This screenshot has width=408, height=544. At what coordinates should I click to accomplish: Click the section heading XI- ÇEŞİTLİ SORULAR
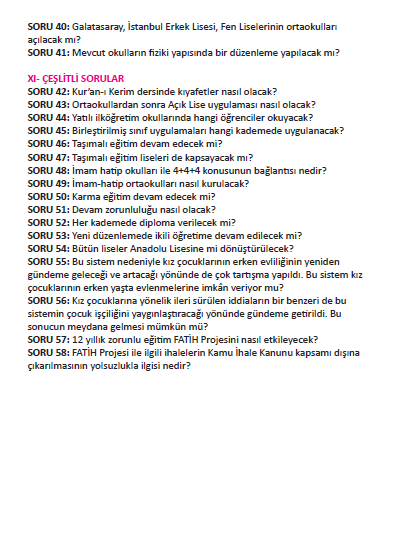(x=76, y=77)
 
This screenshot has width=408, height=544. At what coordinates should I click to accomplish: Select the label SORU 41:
(x=48, y=49)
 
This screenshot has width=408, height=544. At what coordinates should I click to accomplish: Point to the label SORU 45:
(x=48, y=130)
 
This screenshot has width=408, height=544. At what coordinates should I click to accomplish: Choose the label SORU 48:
(x=48, y=170)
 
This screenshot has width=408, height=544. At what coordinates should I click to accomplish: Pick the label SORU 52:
(x=48, y=223)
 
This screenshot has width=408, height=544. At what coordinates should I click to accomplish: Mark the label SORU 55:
(x=48, y=262)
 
